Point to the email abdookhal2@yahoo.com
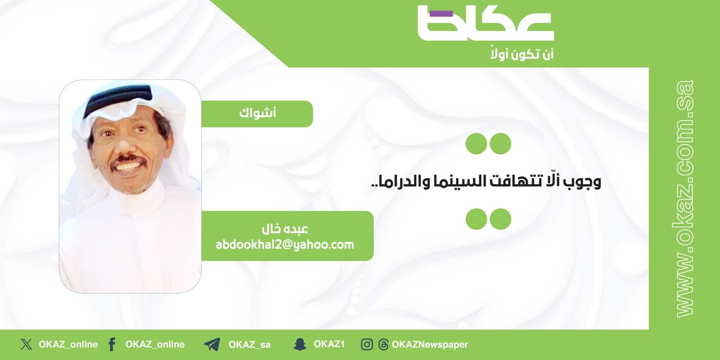point(285,245)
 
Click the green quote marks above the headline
point(488,143)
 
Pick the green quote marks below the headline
point(488,218)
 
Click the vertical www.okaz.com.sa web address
point(683,198)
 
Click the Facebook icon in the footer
point(112,344)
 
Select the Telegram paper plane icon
point(212,344)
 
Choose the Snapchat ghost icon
point(300,344)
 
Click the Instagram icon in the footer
point(367,344)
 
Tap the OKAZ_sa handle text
point(249,344)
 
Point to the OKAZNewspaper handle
point(430,344)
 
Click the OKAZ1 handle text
point(329,344)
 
